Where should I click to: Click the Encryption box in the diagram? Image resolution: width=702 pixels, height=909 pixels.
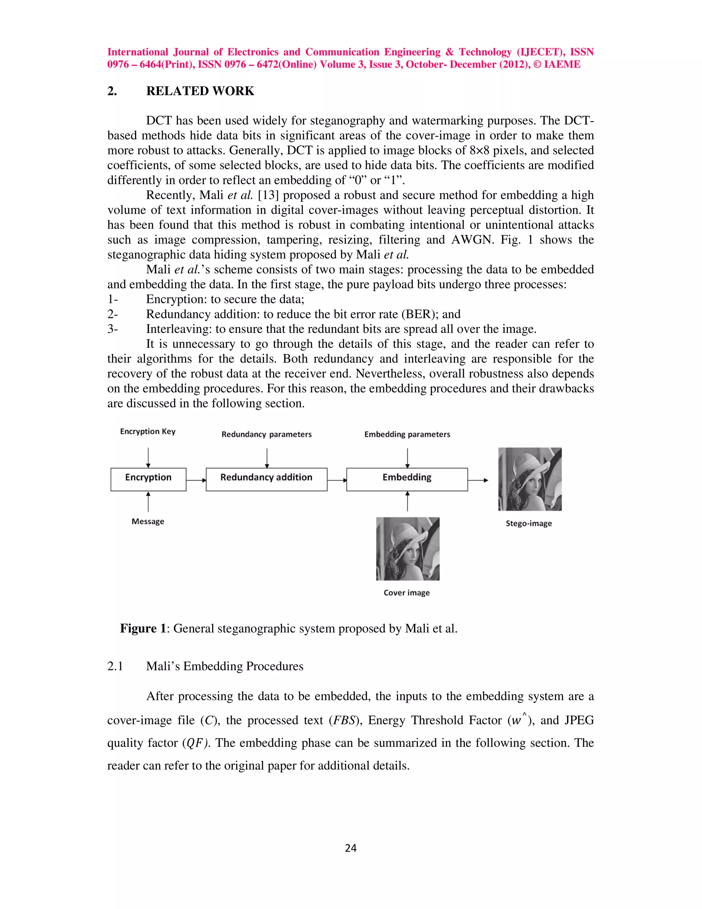(148, 479)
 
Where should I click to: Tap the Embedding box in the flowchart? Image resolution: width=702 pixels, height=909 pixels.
(407, 479)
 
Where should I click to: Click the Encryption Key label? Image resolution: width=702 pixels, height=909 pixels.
(148, 432)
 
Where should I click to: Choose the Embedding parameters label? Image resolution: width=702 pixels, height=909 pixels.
(407, 435)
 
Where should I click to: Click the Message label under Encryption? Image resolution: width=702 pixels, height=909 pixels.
(148, 521)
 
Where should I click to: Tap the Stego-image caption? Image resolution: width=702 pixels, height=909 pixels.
(529, 523)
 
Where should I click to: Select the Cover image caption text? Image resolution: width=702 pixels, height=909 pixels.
(406, 593)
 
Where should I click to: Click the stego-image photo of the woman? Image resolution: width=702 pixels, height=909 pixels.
(530, 479)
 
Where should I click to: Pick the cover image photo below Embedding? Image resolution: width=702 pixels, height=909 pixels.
(408, 548)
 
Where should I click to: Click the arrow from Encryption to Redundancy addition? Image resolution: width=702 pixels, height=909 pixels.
(196, 480)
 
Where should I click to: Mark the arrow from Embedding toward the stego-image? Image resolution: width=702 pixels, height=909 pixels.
(478, 480)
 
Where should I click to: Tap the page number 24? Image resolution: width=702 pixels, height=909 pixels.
(351, 848)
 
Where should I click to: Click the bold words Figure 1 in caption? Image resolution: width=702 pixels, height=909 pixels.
(143, 628)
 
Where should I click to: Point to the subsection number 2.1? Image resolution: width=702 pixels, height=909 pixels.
(115, 666)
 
